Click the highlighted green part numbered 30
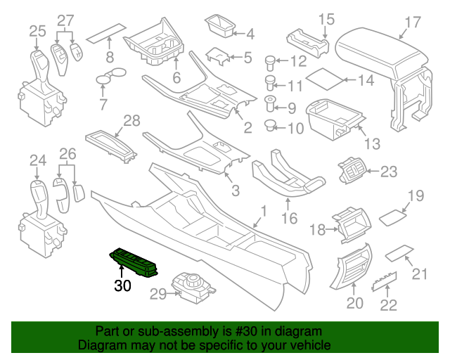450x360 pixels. point(136,262)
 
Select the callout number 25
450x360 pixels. point(37,30)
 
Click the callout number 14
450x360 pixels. point(366,80)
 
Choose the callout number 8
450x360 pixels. point(110,56)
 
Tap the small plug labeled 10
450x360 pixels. point(269,126)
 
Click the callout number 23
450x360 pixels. point(389,170)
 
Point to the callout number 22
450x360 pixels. point(388,304)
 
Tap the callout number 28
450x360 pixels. point(131,121)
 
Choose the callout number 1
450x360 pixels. point(264,210)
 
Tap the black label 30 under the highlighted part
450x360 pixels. point(123,285)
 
